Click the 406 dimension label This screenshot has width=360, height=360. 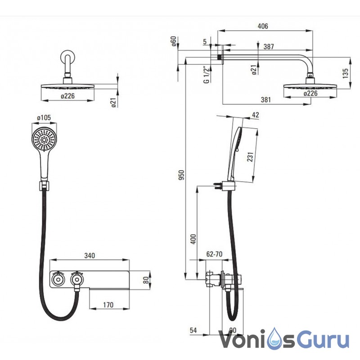(263, 26)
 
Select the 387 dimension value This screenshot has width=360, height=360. (269, 46)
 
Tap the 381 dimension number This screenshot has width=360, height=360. (265, 99)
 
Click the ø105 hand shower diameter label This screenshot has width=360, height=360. (44, 118)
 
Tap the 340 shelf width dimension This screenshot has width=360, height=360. (89, 256)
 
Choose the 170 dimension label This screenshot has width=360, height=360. (107, 305)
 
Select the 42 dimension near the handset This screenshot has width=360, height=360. (256, 115)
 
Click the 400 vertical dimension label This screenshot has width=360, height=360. (193, 238)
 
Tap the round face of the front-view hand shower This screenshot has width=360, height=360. (44, 140)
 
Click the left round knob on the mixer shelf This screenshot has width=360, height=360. (58, 279)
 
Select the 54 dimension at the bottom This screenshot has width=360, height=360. (193, 331)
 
